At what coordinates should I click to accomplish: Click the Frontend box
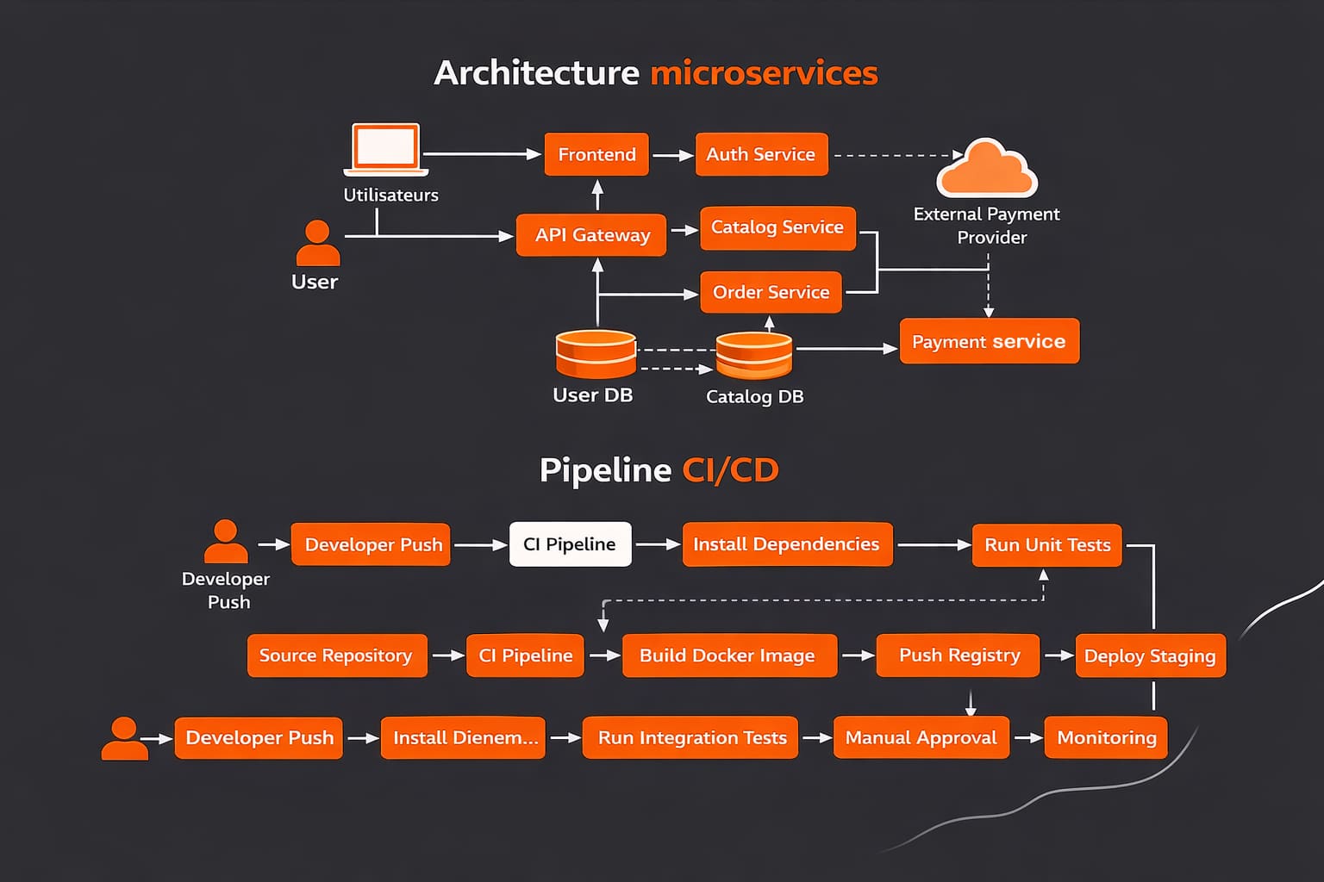click(x=596, y=154)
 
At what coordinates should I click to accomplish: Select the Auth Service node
click(x=761, y=154)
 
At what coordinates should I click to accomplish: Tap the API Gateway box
click(x=591, y=235)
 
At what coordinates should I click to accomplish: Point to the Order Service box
click(x=771, y=292)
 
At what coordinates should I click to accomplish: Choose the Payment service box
click(x=989, y=341)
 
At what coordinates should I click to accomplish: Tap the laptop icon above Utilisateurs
click(x=386, y=148)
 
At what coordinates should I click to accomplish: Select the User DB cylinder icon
click(x=596, y=354)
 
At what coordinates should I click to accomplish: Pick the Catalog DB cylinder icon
click(x=754, y=355)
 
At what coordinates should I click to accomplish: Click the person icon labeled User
click(x=317, y=243)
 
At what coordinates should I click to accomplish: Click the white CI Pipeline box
click(x=570, y=544)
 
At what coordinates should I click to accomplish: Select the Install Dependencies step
click(x=786, y=544)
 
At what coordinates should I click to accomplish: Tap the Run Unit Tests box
click(x=1046, y=545)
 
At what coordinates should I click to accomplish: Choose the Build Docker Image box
click(x=728, y=655)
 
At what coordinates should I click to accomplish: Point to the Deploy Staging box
click(x=1150, y=655)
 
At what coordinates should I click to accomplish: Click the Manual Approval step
click(x=921, y=738)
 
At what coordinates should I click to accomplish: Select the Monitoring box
click(x=1106, y=738)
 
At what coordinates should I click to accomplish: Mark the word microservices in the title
click(x=764, y=73)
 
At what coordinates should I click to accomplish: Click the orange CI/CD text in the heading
click(x=730, y=470)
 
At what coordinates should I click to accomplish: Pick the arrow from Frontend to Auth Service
click(x=672, y=155)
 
